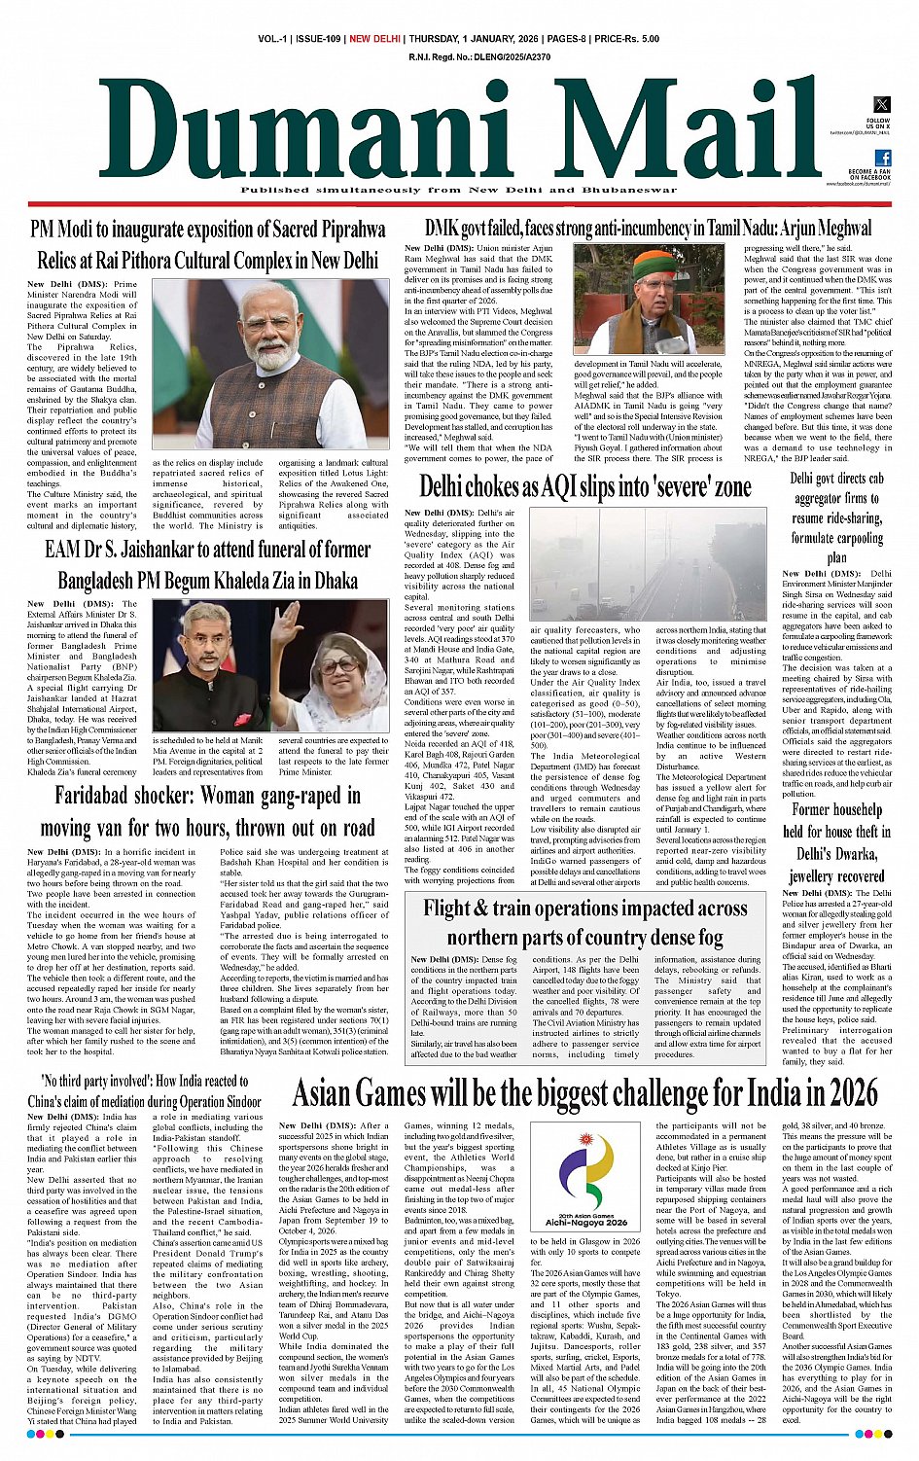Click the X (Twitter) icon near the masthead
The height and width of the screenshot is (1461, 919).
[882, 105]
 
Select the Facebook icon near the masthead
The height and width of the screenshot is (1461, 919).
[883, 158]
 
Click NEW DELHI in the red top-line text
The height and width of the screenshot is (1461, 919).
[374, 39]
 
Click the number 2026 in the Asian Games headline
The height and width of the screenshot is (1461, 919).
[845, 1094]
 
